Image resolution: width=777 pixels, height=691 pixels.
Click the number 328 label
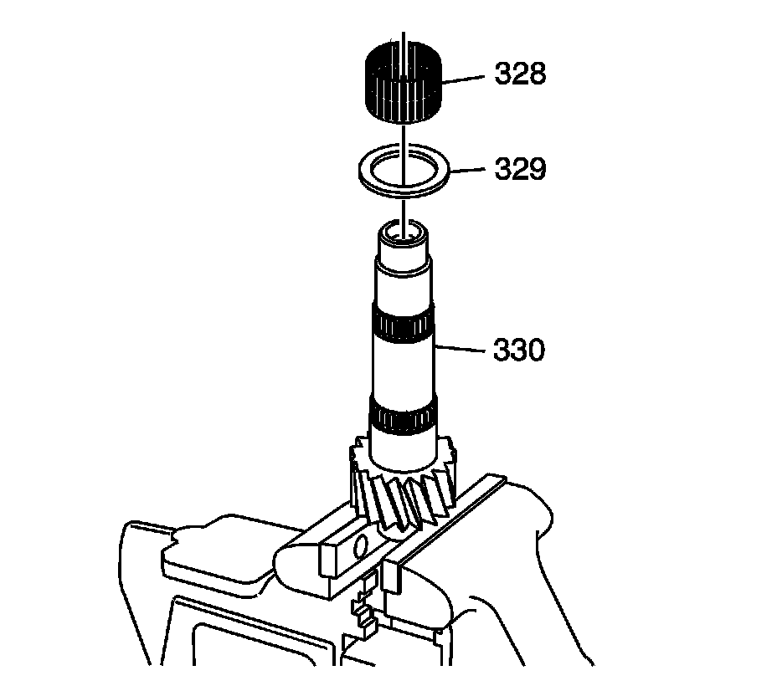click(x=520, y=74)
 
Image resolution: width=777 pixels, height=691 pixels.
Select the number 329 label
click(x=520, y=171)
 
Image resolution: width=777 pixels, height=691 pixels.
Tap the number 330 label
click(x=519, y=351)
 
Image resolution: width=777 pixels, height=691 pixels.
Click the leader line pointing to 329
click(x=467, y=171)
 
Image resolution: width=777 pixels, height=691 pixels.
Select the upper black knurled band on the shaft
click(x=402, y=327)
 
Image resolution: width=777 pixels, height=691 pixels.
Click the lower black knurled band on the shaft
click(x=402, y=415)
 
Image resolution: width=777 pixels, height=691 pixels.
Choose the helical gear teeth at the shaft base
click(x=402, y=494)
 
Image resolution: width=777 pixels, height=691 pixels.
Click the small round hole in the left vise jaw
click(x=361, y=548)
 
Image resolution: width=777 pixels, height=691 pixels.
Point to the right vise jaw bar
click(x=444, y=527)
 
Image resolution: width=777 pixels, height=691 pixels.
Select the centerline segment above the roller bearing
click(x=403, y=38)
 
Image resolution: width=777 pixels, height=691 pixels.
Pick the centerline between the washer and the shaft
click(x=403, y=207)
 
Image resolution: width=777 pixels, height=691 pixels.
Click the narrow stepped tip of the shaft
click(x=404, y=251)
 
